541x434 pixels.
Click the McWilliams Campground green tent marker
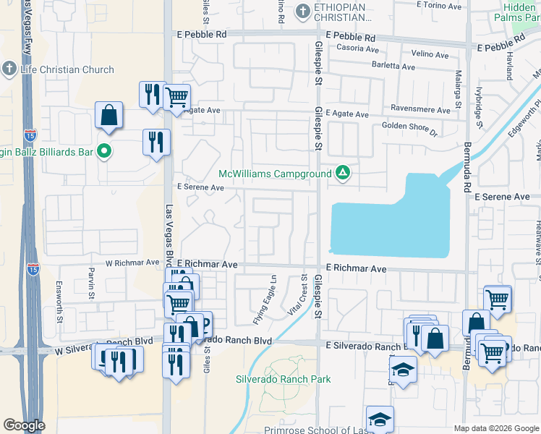343,174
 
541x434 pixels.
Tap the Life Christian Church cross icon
9,69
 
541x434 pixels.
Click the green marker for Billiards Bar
104,152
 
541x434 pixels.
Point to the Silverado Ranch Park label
283,379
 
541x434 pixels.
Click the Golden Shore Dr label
410,129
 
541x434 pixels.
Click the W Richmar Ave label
132,263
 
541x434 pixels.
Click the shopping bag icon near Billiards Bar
108,115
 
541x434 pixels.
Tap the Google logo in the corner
24,425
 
